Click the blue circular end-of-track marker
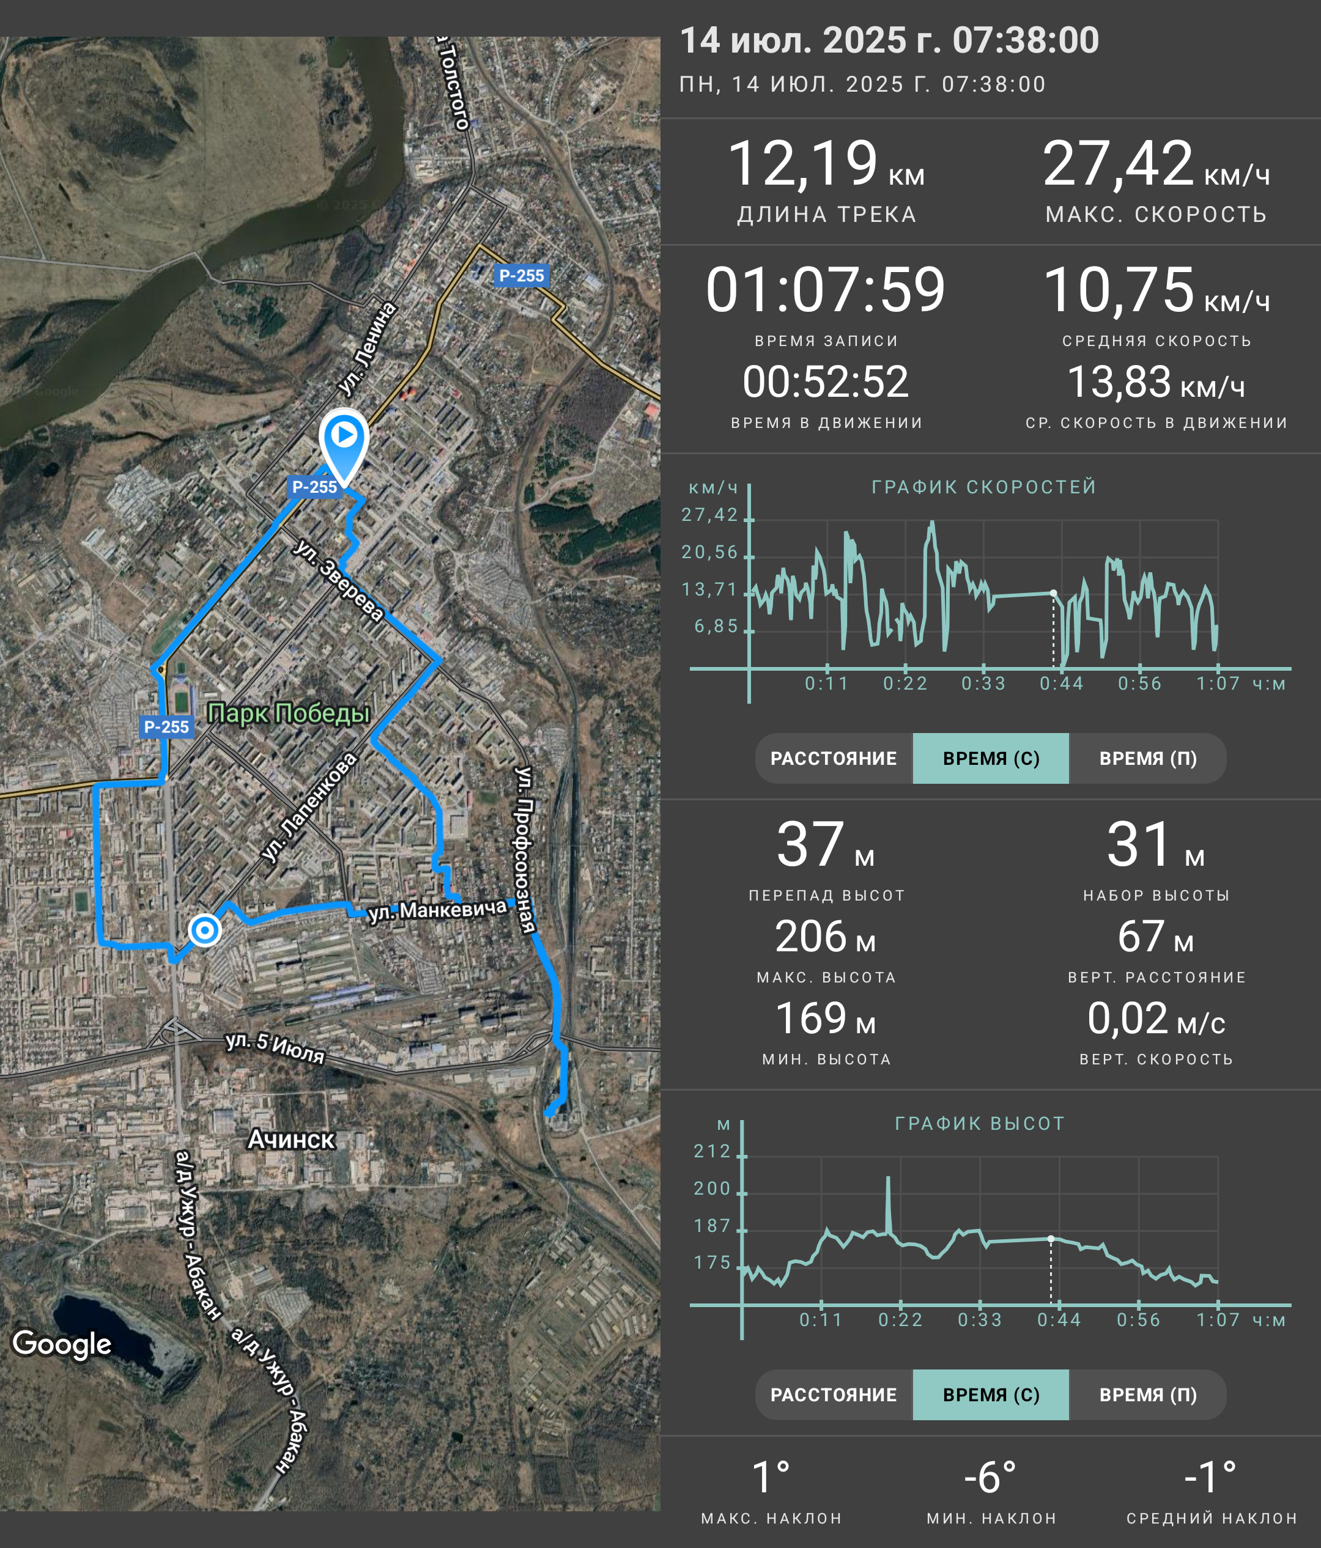pyautogui.click(x=204, y=930)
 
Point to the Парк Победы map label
pyautogui.click(x=289, y=713)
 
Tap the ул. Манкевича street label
pyautogui.click(x=438, y=911)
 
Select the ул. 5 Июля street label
pyautogui.click(x=275, y=1047)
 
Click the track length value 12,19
pyautogui.click(x=802, y=163)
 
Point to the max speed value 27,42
pyautogui.click(x=1118, y=163)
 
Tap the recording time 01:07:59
pyautogui.click(x=826, y=289)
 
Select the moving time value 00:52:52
pyautogui.click(x=826, y=381)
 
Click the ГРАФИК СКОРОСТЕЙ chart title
pyautogui.click(x=984, y=487)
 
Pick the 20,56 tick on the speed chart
pyautogui.click(x=709, y=552)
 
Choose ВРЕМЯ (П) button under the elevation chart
pyautogui.click(x=1148, y=1394)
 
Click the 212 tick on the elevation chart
pyautogui.click(x=711, y=1151)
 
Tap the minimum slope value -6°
pyautogui.click(x=990, y=1477)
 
